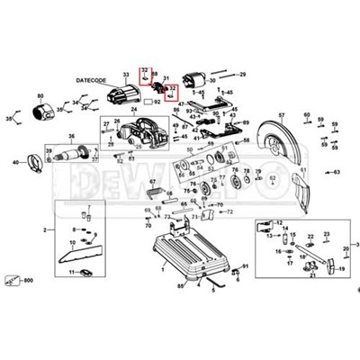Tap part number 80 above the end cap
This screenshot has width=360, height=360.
pos(40,94)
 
